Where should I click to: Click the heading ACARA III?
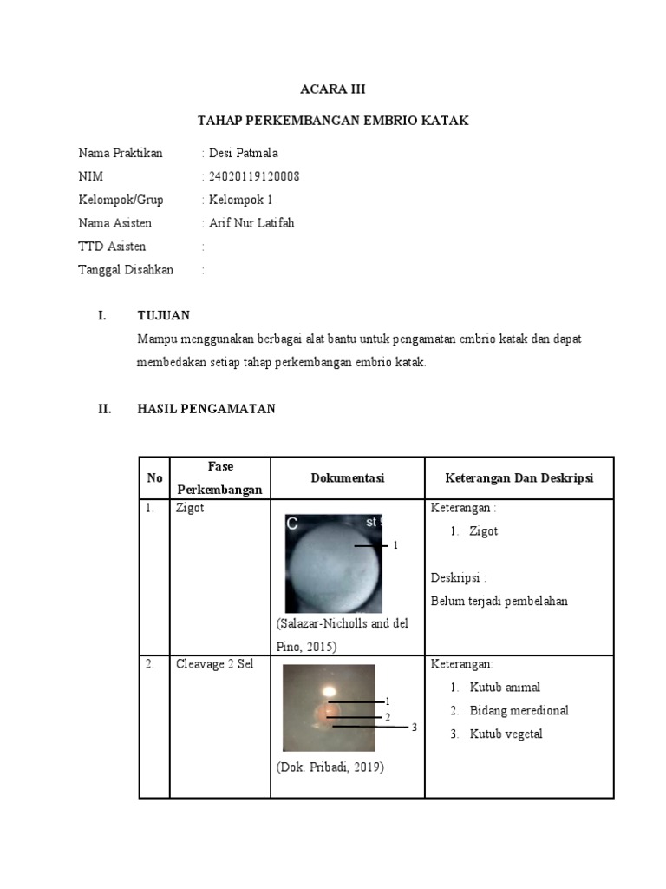(x=333, y=89)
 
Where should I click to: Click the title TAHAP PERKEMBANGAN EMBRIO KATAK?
(x=333, y=121)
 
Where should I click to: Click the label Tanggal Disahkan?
(x=126, y=270)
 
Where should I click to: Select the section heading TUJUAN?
(x=164, y=315)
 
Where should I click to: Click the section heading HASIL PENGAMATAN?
(x=206, y=409)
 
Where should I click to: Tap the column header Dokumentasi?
(x=347, y=478)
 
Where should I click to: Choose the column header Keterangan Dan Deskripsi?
(x=519, y=478)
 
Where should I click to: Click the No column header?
(x=154, y=478)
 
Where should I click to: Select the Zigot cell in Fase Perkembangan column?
(x=190, y=508)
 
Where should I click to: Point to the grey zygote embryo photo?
(x=334, y=564)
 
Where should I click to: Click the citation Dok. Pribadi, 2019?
(x=330, y=767)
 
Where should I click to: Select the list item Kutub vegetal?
(x=506, y=734)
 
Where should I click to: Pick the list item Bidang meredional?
(x=519, y=710)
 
